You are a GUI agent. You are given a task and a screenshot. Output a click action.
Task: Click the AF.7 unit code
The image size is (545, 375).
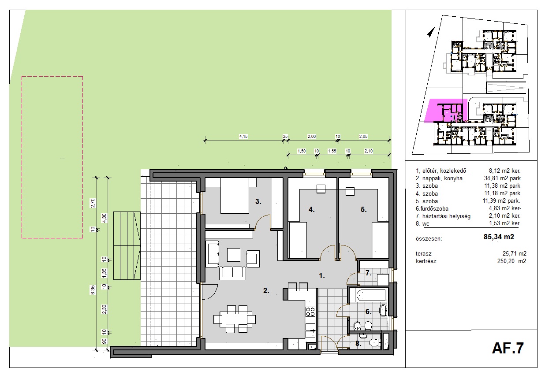click(x=508, y=348)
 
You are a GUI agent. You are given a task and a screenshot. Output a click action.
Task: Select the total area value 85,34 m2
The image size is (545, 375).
click(x=499, y=237)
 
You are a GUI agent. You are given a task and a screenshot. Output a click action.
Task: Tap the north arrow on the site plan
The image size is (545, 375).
click(x=431, y=32)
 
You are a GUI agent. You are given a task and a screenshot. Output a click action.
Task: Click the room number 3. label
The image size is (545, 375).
click(x=258, y=201)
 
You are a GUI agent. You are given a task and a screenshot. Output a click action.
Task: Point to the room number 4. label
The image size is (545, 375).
click(x=311, y=209)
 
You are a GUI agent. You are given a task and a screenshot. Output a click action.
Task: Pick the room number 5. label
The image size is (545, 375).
click(x=363, y=209)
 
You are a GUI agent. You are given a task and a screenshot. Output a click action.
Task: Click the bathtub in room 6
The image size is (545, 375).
click(x=367, y=295)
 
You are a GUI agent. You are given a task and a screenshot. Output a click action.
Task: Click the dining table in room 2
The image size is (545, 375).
click(x=235, y=319)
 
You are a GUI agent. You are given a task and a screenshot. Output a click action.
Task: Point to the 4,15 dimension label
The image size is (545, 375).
click(x=243, y=137)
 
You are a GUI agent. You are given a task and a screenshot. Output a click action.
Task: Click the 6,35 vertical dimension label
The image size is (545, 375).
click(x=93, y=290)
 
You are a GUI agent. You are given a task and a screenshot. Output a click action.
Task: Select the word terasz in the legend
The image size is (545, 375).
click(x=424, y=254)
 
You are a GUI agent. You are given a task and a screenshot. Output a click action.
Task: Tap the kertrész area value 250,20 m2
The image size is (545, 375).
click(x=511, y=261)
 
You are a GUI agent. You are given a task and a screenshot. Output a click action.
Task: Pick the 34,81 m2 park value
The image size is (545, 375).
click(x=502, y=178)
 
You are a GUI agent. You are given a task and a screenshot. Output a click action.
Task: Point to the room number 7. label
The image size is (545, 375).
click(x=368, y=273)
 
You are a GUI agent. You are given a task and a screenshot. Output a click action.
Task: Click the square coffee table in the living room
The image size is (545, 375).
click(x=234, y=255)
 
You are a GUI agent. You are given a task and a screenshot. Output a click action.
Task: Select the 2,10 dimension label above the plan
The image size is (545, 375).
click(x=369, y=151)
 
